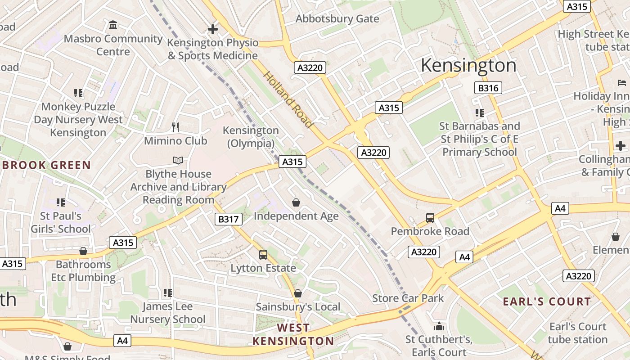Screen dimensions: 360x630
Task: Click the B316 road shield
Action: click(x=488, y=88)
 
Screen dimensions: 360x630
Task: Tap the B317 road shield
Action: click(x=228, y=219)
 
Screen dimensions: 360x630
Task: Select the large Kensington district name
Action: click(x=468, y=66)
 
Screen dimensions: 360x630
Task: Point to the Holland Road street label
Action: click(x=288, y=99)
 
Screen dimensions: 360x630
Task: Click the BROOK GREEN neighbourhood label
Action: click(x=46, y=165)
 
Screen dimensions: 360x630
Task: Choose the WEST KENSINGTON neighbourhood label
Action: click(x=293, y=334)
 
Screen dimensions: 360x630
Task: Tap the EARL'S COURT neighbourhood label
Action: click(x=547, y=301)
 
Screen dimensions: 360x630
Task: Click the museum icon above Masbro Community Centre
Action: click(x=113, y=25)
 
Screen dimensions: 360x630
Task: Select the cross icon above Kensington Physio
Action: click(x=212, y=29)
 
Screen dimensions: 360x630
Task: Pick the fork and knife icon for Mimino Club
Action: click(x=175, y=127)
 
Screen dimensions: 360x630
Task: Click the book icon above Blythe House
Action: click(x=178, y=160)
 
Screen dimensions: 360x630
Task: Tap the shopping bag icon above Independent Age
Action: click(x=296, y=202)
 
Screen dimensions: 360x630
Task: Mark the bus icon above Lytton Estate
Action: click(x=263, y=255)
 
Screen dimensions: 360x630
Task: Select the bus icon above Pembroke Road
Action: click(x=430, y=218)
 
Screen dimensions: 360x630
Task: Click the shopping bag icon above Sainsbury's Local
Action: click(x=297, y=293)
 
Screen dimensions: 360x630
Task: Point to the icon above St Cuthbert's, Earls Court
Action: click(x=439, y=326)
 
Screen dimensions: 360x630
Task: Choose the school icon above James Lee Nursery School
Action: click(x=168, y=293)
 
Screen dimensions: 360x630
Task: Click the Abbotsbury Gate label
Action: click(x=337, y=19)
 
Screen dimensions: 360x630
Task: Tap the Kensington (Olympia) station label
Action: click(x=251, y=137)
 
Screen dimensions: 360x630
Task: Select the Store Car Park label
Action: click(x=408, y=298)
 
